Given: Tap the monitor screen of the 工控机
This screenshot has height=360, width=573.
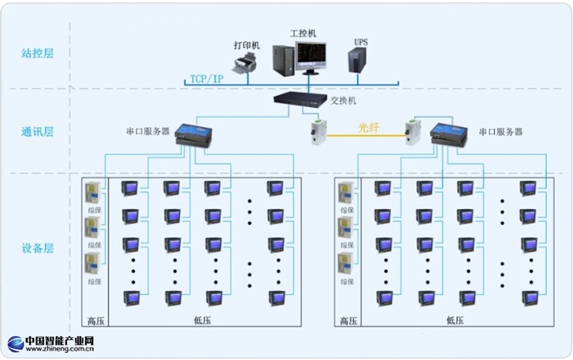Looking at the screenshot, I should pyautogui.click(x=312, y=56).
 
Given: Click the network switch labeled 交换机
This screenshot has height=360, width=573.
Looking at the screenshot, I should pyautogui.click(x=301, y=99).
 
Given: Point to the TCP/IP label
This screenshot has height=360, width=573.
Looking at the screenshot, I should pyautogui.click(x=206, y=79).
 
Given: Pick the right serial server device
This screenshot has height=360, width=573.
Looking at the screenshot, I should pyautogui.click(x=449, y=133).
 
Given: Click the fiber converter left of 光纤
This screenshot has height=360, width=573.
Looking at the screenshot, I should pyautogui.click(x=317, y=132).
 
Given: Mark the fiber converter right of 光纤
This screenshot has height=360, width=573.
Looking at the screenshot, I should pyautogui.click(x=412, y=132).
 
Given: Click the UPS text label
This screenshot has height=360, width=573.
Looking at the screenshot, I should pyautogui.click(x=361, y=42).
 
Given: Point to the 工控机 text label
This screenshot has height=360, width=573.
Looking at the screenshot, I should pyautogui.click(x=303, y=33).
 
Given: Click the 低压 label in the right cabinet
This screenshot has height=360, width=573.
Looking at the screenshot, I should pyautogui.click(x=455, y=320).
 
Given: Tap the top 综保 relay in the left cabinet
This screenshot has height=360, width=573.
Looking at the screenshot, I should pyautogui.click(x=93, y=192).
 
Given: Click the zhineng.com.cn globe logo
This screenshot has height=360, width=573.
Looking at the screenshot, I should pyautogui.click(x=16, y=344).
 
